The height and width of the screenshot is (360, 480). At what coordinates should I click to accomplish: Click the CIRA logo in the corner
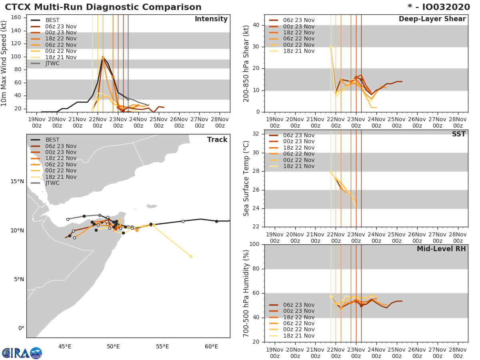click(x=22, y=353)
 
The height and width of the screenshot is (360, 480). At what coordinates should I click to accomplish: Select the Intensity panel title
click(x=211, y=19)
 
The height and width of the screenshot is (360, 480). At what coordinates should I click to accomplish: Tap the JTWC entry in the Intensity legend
click(x=53, y=63)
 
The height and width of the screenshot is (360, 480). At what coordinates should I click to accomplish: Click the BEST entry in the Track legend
click(x=52, y=140)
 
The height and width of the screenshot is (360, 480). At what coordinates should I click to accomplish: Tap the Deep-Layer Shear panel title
click(x=432, y=19)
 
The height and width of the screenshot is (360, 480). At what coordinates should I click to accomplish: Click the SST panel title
click(x=458, y=134)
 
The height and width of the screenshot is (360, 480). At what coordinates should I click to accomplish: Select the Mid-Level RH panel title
click(x=441, y=249)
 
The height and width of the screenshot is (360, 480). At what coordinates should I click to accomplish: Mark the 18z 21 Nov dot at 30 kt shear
click(x=331, y=47)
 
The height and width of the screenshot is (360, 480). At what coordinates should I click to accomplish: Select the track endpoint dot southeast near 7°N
click(x=191, y=256)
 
